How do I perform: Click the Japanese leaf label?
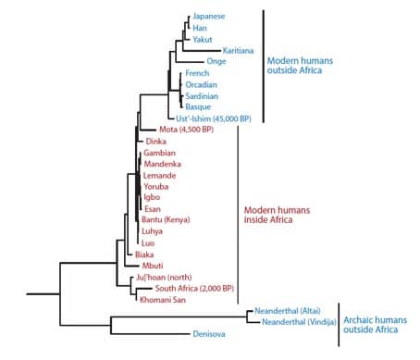coord(209,17)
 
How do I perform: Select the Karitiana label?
coord(238,51)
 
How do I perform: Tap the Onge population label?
coord(216,61)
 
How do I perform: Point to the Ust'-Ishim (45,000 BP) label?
coord(214,118)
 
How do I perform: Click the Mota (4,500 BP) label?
coord(186,130)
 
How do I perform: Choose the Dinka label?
coord(156,142)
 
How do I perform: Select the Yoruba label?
coord(156,187)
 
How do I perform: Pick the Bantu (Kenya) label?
coord(166,219)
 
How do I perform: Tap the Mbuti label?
coord(153,266)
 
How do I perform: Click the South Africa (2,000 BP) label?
coord(194,289)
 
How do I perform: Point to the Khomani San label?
coord(163,300)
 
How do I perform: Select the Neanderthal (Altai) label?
coord(288,311)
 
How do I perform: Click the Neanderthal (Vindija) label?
coord(299,322)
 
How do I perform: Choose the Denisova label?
coord(209,334)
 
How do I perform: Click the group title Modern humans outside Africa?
coord(300,66)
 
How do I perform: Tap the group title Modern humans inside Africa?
coord(277,215)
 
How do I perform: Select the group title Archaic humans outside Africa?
coord(376,325)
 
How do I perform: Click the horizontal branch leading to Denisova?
coord(150,334)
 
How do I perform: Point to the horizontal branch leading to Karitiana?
coord(202,51)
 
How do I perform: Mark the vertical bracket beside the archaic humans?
coord(339,325)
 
